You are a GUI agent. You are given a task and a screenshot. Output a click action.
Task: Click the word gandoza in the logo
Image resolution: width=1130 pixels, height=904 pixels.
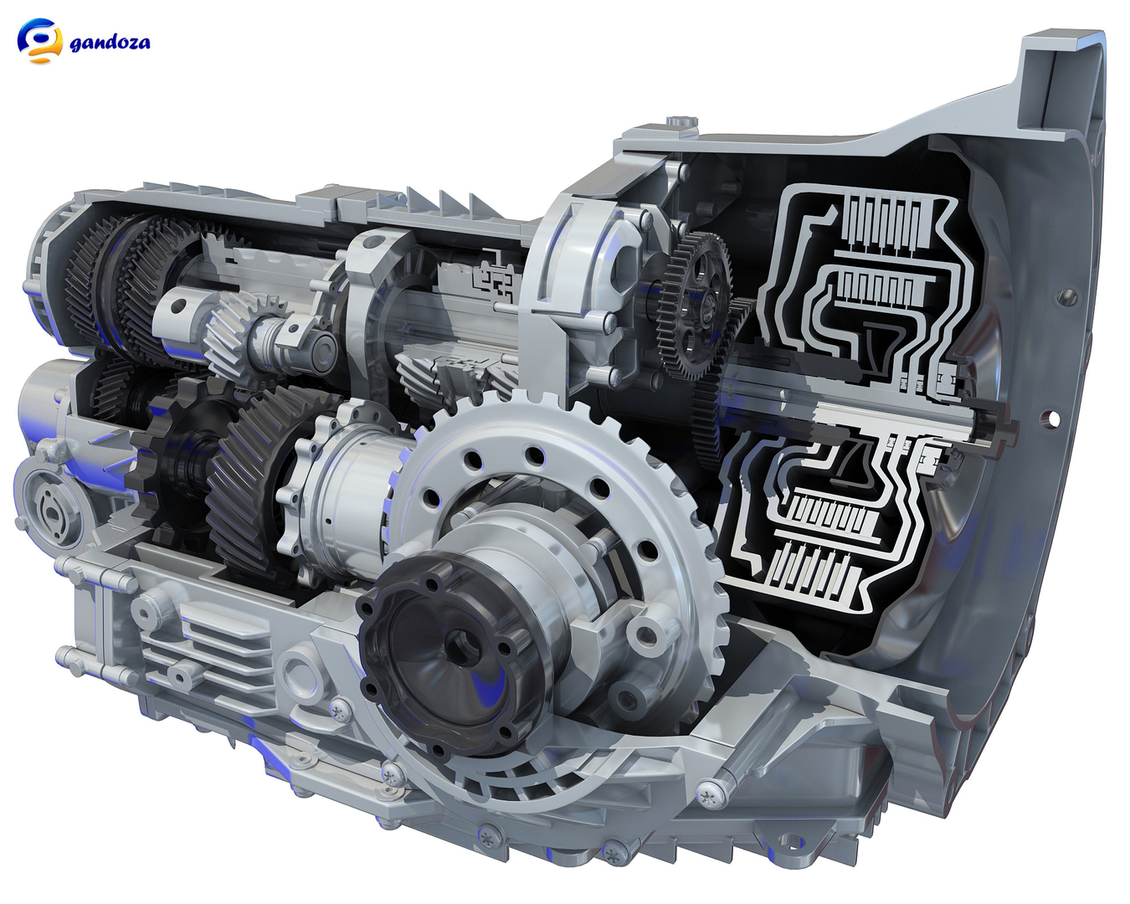(110, 42)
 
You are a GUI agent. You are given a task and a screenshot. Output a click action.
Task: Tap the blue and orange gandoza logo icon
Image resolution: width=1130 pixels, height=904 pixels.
(39, 40)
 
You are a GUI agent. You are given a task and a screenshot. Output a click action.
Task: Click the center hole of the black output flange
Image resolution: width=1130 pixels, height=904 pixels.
(460, 645)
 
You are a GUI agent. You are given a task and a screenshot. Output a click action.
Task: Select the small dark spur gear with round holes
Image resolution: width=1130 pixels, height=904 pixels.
(696, 305)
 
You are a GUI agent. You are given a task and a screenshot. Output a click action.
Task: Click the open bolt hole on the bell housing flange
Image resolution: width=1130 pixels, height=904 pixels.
(1052, 418)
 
